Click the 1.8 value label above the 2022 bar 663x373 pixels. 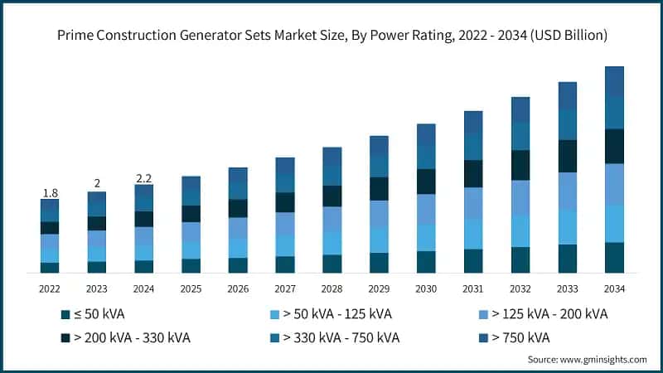(50, 193)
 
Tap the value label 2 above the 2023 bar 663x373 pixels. (97, 184)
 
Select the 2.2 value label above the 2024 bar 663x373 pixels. (144, 177)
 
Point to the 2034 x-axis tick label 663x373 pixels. (614, 288)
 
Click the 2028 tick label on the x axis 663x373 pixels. (331, 288)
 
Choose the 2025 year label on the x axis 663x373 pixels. (191, 288)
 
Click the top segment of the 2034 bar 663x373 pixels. (614, 80)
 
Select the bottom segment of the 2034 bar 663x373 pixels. (614, 257)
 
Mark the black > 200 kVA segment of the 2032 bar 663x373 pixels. (520, 165)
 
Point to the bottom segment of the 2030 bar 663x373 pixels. (426, 262)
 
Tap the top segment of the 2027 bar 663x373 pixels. (285, 166)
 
